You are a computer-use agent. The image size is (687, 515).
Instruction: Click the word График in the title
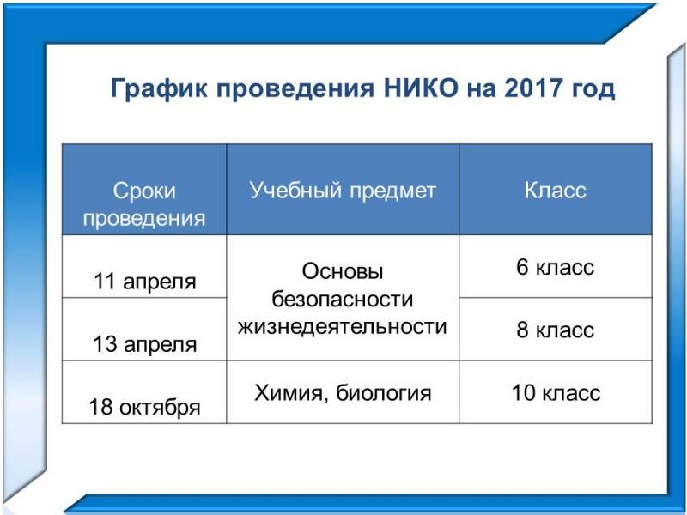coord(159,89)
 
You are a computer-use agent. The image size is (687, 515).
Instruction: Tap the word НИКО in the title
coord(421,88)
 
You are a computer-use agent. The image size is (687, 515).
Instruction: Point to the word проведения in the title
coord(295,90)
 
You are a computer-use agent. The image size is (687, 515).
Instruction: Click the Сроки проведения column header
coord(144,204)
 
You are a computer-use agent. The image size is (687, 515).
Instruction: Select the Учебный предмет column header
coord(343,191)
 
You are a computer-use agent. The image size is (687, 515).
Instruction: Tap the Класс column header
coord(555,191)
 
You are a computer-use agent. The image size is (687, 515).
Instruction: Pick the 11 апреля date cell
coord(144,282)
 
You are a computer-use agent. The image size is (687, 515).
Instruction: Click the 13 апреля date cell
coord(144,344)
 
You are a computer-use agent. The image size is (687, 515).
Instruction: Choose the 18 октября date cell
coord(144,407)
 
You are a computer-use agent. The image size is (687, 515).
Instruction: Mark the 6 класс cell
coord(555,267)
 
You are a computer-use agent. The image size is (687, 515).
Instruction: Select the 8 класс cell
coord(555,330)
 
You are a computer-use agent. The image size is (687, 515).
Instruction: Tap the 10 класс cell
coord(556,393)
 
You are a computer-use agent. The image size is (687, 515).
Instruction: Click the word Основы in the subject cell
coord(343,271)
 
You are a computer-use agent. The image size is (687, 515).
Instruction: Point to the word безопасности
coord(343,299)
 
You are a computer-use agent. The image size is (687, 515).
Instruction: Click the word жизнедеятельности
coord(343,327)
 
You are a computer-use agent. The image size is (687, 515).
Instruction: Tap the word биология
coord(384,393)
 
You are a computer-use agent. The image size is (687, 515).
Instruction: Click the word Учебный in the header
coord(295,191)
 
